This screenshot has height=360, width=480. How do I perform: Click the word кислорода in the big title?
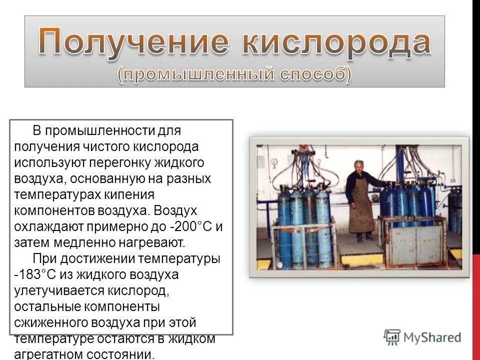[335, 42]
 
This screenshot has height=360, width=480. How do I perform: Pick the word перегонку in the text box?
[118, 162]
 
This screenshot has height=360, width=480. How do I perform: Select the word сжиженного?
[51, 322]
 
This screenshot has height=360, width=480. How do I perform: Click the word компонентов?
[54, 211]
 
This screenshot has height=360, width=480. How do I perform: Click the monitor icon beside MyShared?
[392, 337]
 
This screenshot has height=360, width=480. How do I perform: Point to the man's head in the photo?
[358, 166]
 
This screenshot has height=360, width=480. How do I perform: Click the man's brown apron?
[361, 210]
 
